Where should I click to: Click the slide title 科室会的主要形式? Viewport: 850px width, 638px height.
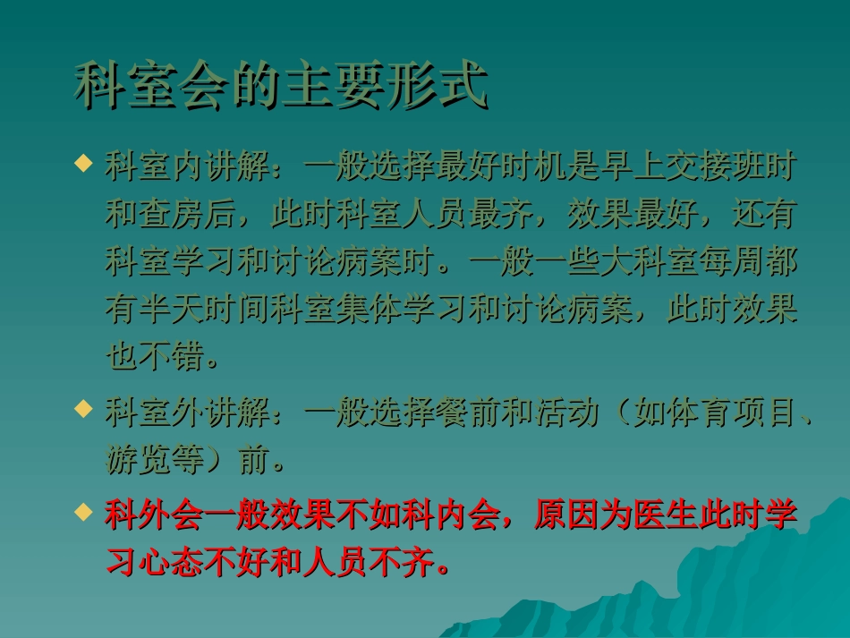point(280,86)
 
